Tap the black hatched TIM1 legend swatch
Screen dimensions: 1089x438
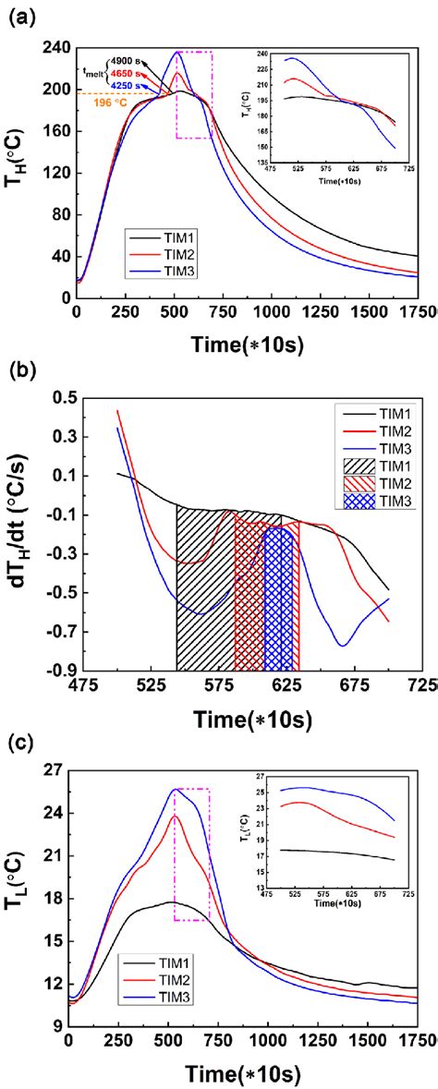coord(362,465)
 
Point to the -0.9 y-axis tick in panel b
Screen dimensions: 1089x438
coord(64,672)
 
